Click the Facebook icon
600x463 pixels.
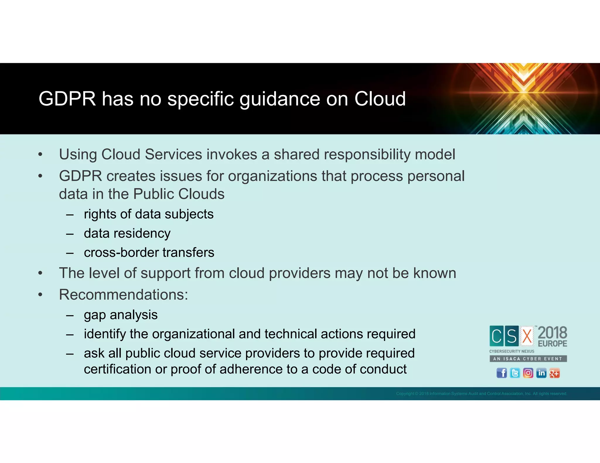click(x=502, y=373)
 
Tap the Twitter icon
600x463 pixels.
click(x=515, y=373)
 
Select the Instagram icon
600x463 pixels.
click(x=528, y=373)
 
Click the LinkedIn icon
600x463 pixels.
click(x=541, y=373)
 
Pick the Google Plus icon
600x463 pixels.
click(x=554, y=373)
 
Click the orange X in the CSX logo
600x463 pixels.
click(x=527, y=336)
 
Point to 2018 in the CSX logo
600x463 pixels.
click(x=552, y=333)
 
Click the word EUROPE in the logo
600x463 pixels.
click(x=552, y=343)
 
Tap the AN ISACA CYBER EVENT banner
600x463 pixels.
click(x=528, y=359)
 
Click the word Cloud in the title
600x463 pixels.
click(x=380, y=99)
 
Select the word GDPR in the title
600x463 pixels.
click(x=67, y=99)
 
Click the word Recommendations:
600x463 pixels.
click(x=123, y=294)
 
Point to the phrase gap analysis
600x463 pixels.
click(x=121, y=315)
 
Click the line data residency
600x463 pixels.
click(x=127, y=233)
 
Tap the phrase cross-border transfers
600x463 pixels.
click(x=149, y=252)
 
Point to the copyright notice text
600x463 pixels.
click(x=481, y=393)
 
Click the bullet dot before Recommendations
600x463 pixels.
click(x=40, y=295)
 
